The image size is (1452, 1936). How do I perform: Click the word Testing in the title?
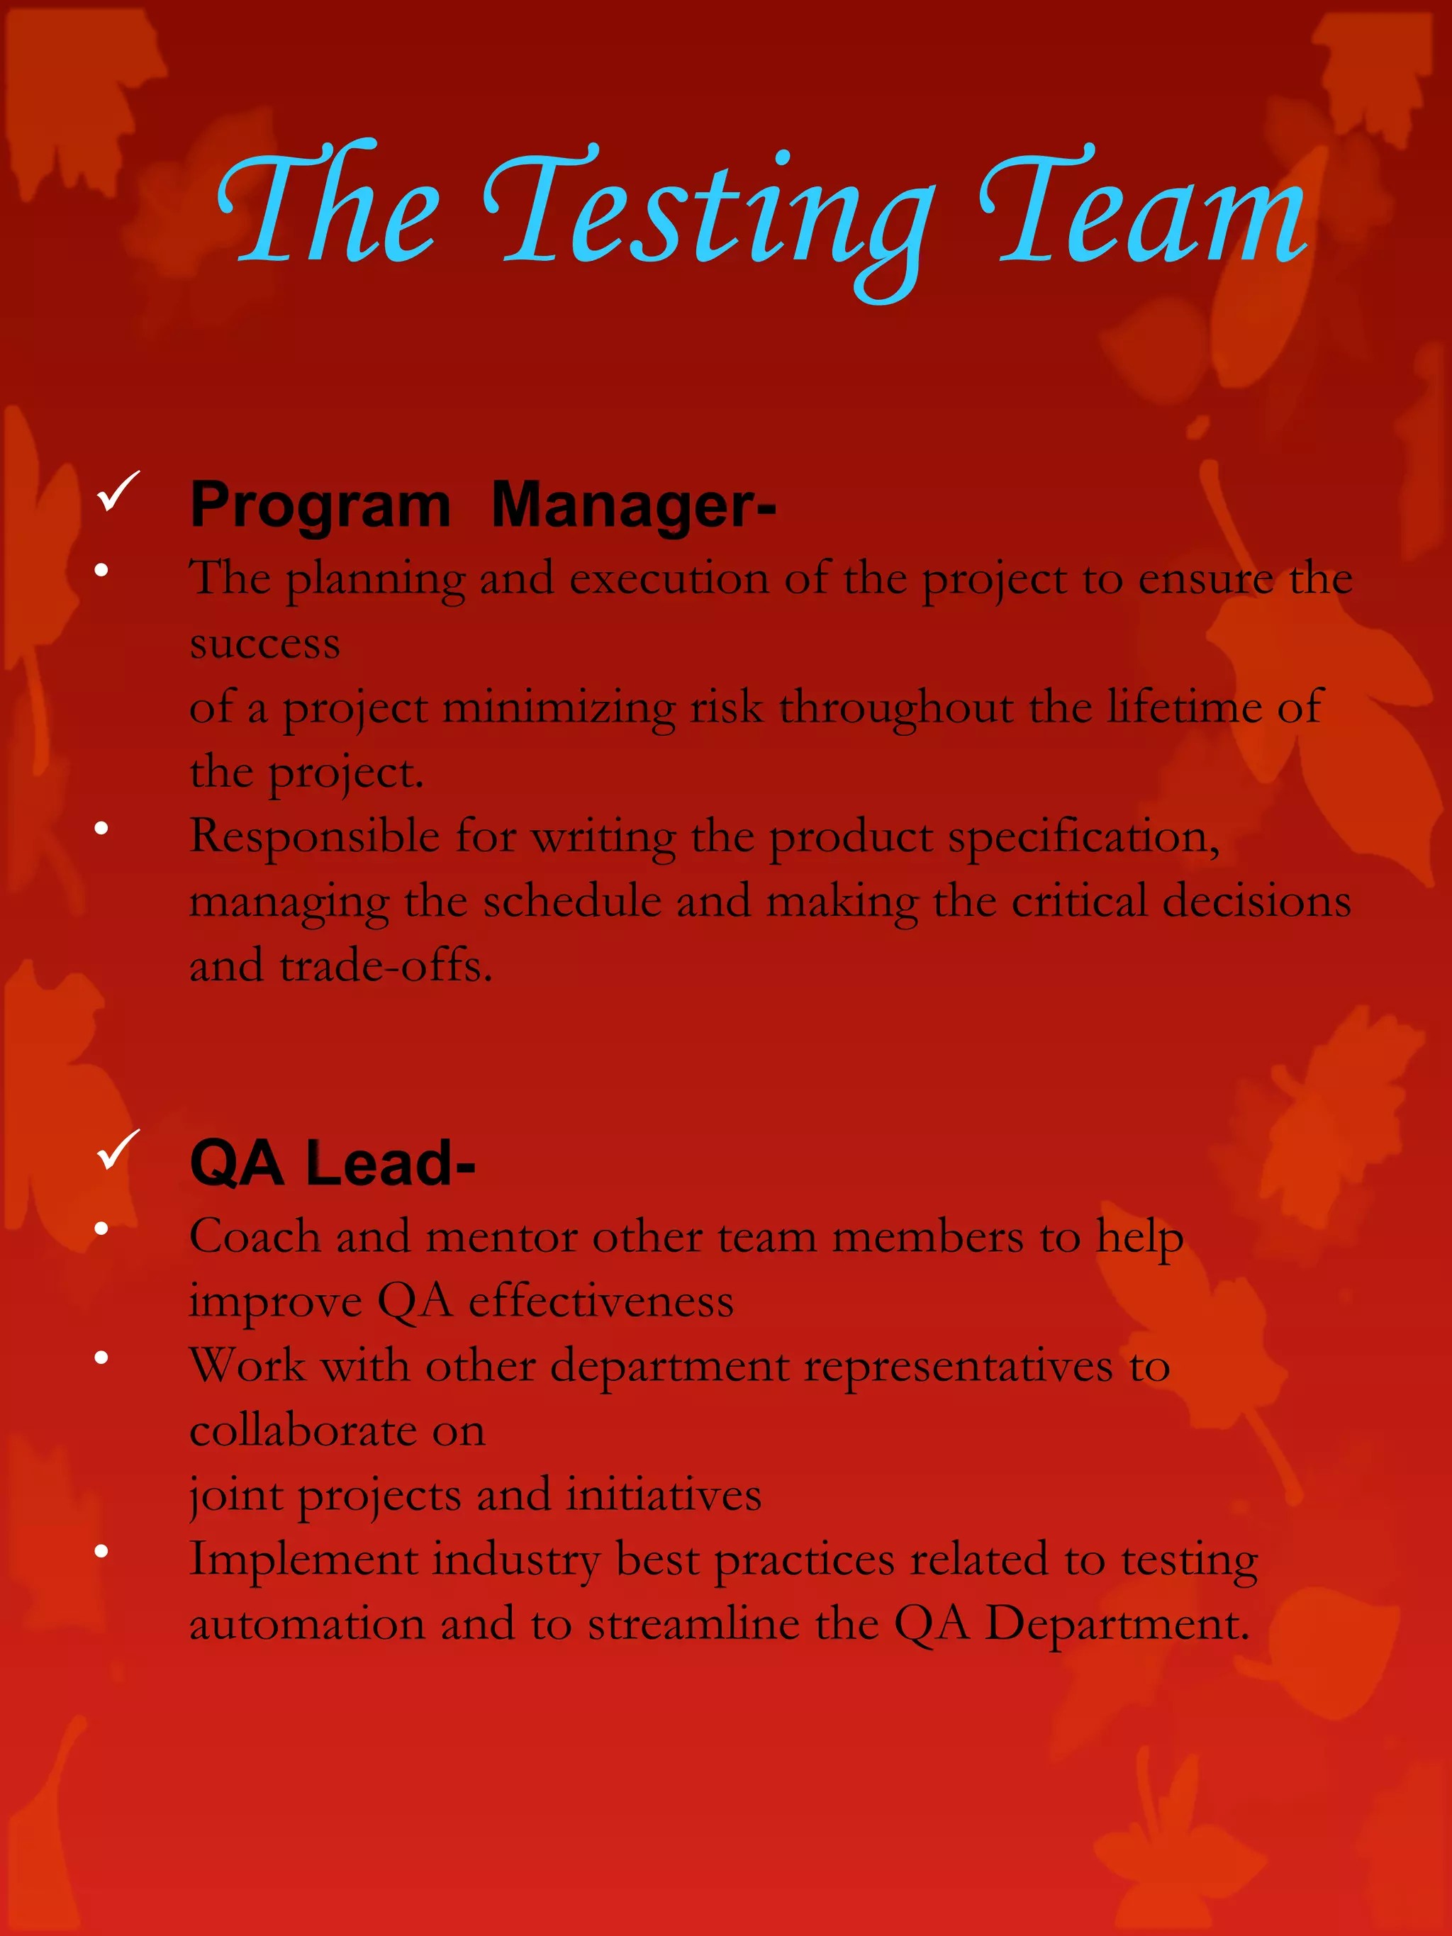[x=709, y=214]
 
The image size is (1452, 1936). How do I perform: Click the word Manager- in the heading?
[x=633, y=506]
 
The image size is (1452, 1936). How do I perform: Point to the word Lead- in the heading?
[x=391, y=1164]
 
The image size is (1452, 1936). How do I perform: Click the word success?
[x=264, y=644]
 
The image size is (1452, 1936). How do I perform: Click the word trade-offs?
[x=386, y=966]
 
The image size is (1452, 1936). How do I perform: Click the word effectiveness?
[x=601, y=1302]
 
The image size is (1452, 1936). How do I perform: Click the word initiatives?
[x=664, y=1496]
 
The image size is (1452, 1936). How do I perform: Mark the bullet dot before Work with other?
[x=101, y=1358]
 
